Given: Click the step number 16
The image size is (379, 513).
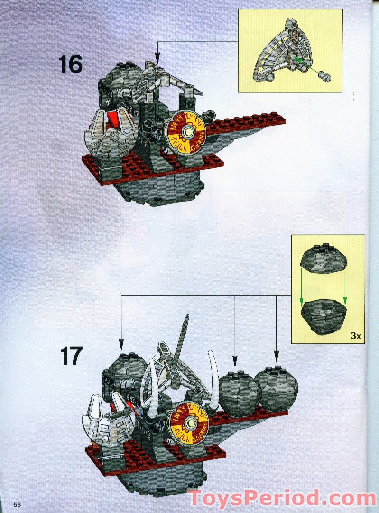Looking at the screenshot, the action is [71, 64].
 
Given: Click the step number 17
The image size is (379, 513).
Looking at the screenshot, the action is [71, 356].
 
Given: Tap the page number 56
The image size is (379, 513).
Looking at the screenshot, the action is [17, 504].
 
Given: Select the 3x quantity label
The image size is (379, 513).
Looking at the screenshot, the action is [356, 336].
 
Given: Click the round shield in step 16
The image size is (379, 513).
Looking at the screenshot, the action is [185, 132].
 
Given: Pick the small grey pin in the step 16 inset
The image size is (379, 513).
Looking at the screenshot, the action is [325, 77].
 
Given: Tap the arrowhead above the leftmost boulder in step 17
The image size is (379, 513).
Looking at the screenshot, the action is [121, 345].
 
